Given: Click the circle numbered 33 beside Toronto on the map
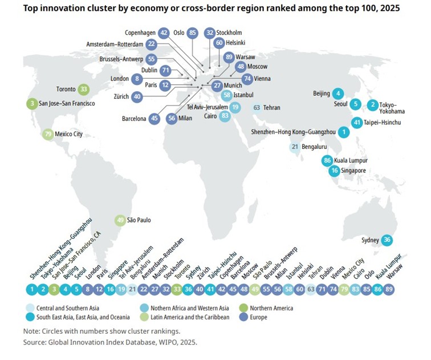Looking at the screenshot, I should point(83,89).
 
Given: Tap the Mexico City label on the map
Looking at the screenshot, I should point(69,135).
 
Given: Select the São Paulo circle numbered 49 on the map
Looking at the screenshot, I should point(120,220).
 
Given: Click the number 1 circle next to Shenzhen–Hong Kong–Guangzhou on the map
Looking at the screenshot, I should point(343,132).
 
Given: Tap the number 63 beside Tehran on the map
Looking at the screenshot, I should point(257,107).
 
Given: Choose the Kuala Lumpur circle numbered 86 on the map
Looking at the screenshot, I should point(327,161).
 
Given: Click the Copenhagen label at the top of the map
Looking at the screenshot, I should point(140,33).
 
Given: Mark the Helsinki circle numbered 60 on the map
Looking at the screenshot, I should point(219,43).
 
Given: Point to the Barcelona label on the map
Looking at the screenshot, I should point(131,119).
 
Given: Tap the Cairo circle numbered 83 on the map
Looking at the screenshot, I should point(225,116).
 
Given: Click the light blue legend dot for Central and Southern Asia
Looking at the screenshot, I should point(29,308).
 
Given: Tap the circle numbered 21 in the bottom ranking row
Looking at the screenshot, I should point(132,289).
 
